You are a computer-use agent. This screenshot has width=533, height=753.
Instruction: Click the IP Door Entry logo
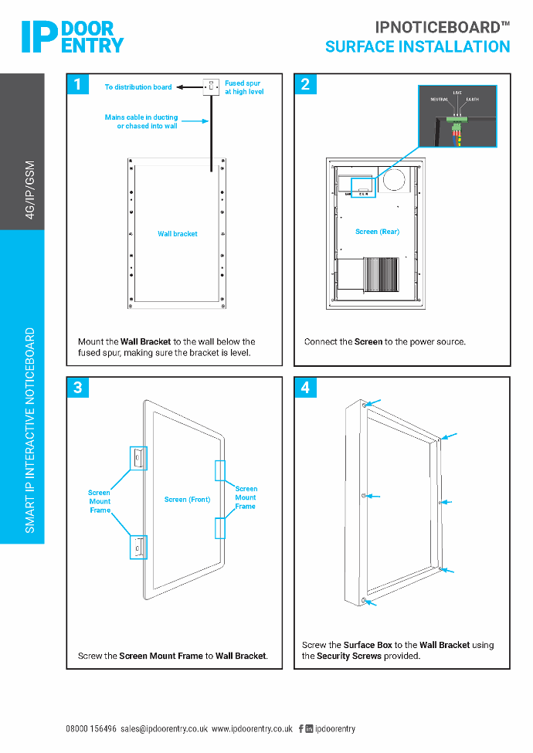pyautogui.click(x=72, y=36)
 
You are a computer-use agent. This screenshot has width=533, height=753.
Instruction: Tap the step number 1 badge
pyautogui.click(x=78, y=84)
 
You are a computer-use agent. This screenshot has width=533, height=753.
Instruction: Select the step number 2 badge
pyautogui.click(x=305, y=84)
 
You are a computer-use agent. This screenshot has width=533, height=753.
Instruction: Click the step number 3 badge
pyautogui.click(x=78, y=388)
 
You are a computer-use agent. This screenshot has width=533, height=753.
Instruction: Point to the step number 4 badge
pyautogui.click(x=305, y=388)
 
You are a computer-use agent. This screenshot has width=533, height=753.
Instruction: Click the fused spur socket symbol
pyautogui.click(x=211, y=87)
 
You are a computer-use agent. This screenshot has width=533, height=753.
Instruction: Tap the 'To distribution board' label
pyautogui.click(x=138, y=87)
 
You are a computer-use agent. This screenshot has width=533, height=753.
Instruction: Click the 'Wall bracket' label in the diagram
pyautogui.click(x=178, y=234)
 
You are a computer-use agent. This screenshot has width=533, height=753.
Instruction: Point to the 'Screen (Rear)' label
pyautogui.click(x=377, y=232)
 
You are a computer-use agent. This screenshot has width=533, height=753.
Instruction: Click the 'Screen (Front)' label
pyautogui.click(x=187, y=500)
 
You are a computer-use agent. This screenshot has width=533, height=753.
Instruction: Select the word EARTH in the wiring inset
pyautogui.click(x=472, y=100)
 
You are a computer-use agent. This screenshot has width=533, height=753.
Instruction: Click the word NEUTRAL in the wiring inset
pyautogui.click(x=439, y=100)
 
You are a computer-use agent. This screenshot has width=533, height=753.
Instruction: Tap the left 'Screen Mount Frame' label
pyautogui.click(x=100, y=501)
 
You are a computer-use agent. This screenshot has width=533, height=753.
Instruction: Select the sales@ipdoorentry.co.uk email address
pyautogui.click(x=165, y=729)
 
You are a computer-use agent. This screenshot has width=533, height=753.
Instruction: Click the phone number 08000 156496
pyautogui.click(x=91, y=729)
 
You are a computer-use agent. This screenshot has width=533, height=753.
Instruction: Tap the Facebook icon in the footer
pyautogui.click(x=300, y=729)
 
